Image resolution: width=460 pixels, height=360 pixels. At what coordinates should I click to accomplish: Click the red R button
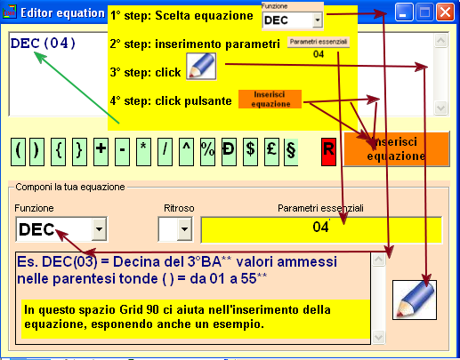click(x=328, y=151)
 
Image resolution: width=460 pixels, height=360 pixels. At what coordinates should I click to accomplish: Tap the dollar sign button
click(x=250, y=151)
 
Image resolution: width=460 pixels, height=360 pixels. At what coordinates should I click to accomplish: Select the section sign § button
click(x=291, y=151)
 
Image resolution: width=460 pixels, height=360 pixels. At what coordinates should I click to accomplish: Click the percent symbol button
click(x=207, y=151)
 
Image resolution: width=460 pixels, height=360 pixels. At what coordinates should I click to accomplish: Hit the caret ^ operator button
click(x=186, y=151)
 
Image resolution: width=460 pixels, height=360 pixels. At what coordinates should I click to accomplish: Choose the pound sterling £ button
click(x=271, y=151)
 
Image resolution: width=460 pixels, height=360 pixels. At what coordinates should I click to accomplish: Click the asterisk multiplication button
click(x=143, y=151)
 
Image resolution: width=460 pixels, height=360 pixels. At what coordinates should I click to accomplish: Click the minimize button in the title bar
click(x=404, y=12)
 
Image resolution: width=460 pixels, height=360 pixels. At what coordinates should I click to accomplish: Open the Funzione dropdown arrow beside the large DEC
click(x=99, y=229)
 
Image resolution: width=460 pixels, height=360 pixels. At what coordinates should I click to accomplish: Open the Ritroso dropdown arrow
click(x=184, y=229)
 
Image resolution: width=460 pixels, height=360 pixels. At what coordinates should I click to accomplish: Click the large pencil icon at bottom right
click(x=415, y=300)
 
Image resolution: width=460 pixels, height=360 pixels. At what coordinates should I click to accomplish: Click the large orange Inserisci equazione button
click(x=397, y=148)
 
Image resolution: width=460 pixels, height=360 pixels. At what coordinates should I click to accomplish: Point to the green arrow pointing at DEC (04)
click(x=77, y=87)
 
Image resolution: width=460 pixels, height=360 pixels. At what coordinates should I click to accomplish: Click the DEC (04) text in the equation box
click(x=43, y=44)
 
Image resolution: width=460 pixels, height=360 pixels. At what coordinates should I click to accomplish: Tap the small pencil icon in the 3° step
click(x=201, y=67)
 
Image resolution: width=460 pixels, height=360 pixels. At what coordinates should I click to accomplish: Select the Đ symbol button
click(x=229, y=151)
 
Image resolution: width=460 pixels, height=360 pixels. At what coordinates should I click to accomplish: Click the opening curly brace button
click(x=59, y=151)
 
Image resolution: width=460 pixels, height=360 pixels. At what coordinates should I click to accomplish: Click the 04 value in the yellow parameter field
click(x=320, y=227)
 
